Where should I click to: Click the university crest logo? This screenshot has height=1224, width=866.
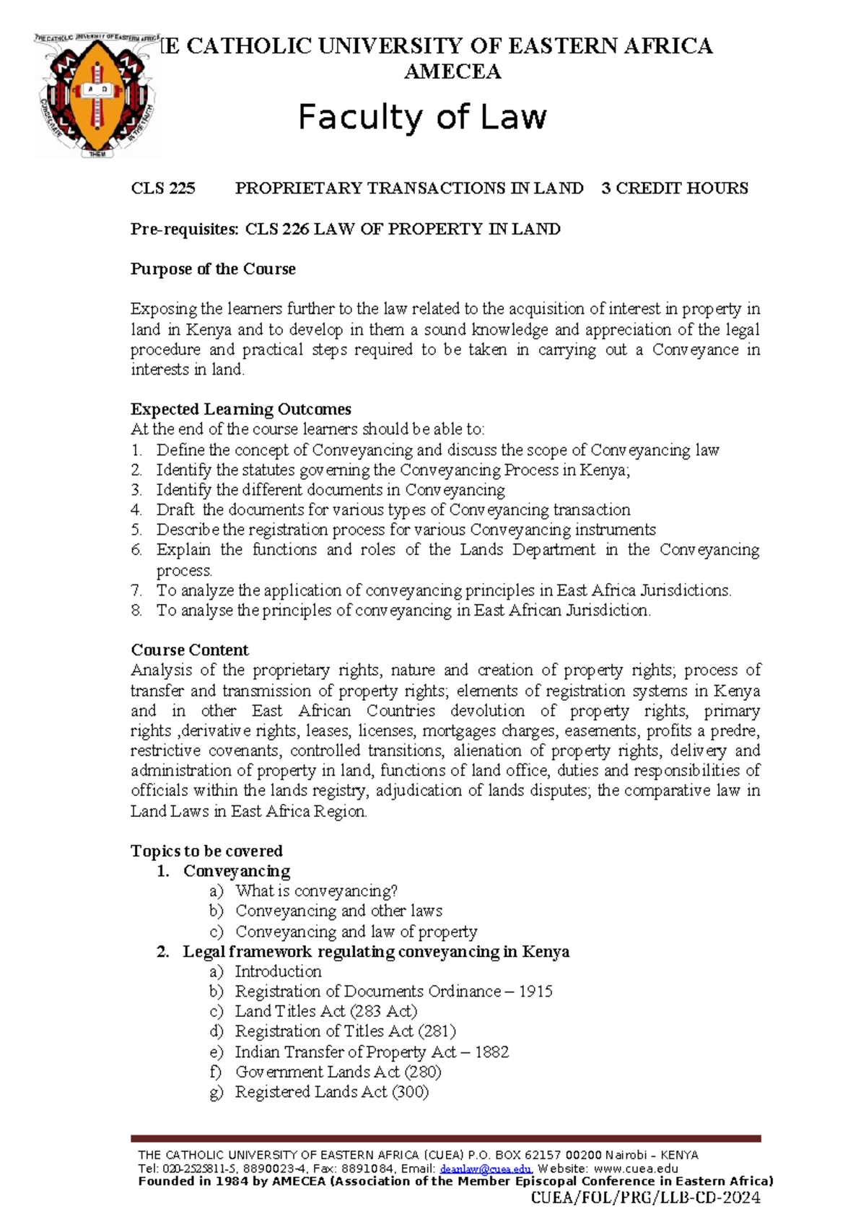pos(97,95)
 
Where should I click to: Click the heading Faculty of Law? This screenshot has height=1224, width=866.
pos(423,117)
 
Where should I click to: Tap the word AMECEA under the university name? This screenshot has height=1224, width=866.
pos(452,71)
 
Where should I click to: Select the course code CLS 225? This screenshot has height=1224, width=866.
pos(163,188)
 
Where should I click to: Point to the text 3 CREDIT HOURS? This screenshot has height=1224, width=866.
pos(675,188)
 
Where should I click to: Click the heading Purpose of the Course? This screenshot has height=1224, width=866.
pos(213,269)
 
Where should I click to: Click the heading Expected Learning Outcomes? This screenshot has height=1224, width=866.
pos(241,409)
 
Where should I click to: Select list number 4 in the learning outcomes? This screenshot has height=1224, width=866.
pos(136,510)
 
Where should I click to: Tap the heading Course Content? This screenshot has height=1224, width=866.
pos(190,650)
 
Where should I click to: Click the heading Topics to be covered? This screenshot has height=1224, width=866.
pos(206,851)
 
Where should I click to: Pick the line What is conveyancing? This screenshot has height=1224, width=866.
pos(317,891)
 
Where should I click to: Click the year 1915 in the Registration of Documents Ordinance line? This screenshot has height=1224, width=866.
pos(535,992)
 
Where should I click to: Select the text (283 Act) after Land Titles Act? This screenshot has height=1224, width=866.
pos(383,1012)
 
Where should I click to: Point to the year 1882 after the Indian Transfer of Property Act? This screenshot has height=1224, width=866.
pos(491,1052)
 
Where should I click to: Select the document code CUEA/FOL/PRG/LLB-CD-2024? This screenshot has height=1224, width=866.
pos(645,1198)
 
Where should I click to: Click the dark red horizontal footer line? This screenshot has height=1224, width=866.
pos(445,1139)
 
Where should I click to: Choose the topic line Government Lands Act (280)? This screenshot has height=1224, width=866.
pos(338,1072)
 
